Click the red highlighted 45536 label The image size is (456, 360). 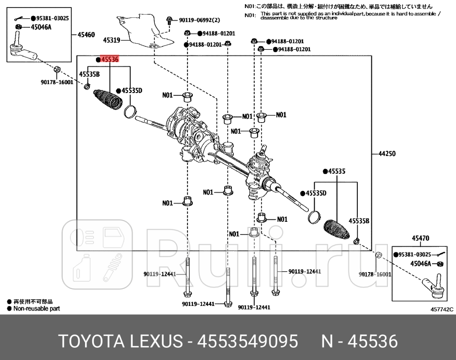110,60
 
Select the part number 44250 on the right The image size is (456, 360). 387,154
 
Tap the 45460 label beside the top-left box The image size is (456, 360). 86,34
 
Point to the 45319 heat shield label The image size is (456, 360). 111,40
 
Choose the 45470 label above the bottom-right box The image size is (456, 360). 420,239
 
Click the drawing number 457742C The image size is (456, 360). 441,309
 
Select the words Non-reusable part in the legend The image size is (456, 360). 37,309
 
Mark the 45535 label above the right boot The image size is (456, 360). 336,172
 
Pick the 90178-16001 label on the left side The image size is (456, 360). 57,82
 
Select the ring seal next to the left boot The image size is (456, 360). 130,112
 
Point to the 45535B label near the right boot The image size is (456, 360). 360,221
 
